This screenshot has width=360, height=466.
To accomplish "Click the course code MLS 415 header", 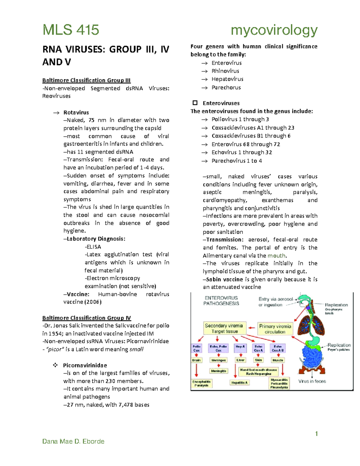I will [71, 30].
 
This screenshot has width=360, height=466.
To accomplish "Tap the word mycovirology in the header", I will [274, 30].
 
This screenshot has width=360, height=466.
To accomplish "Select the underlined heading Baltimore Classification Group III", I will [86, 80].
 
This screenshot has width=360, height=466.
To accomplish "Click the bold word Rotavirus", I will [76, 113].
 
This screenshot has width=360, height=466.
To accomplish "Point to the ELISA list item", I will [93, 247].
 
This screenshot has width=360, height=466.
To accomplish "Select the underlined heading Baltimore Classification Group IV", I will [86, 318].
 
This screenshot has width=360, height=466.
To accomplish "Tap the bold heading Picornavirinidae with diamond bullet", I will [85, 365].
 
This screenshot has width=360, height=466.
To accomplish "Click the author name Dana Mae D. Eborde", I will [73, 441].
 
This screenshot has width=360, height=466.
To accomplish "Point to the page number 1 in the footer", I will [316, 434].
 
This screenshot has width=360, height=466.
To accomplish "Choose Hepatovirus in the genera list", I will [227, 79].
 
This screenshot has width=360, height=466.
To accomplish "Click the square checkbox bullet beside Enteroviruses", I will [195, 103].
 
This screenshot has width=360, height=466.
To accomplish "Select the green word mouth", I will [276, 256].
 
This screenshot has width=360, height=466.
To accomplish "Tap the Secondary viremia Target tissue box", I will [224, 328].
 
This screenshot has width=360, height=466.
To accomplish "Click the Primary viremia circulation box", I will [275, 329].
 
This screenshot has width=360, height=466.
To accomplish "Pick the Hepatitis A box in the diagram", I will [239, 383].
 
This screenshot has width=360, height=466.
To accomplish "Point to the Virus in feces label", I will [312, 381].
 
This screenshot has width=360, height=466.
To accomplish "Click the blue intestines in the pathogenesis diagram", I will [312, 358].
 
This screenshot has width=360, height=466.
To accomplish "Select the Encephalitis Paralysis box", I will [202, 383].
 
